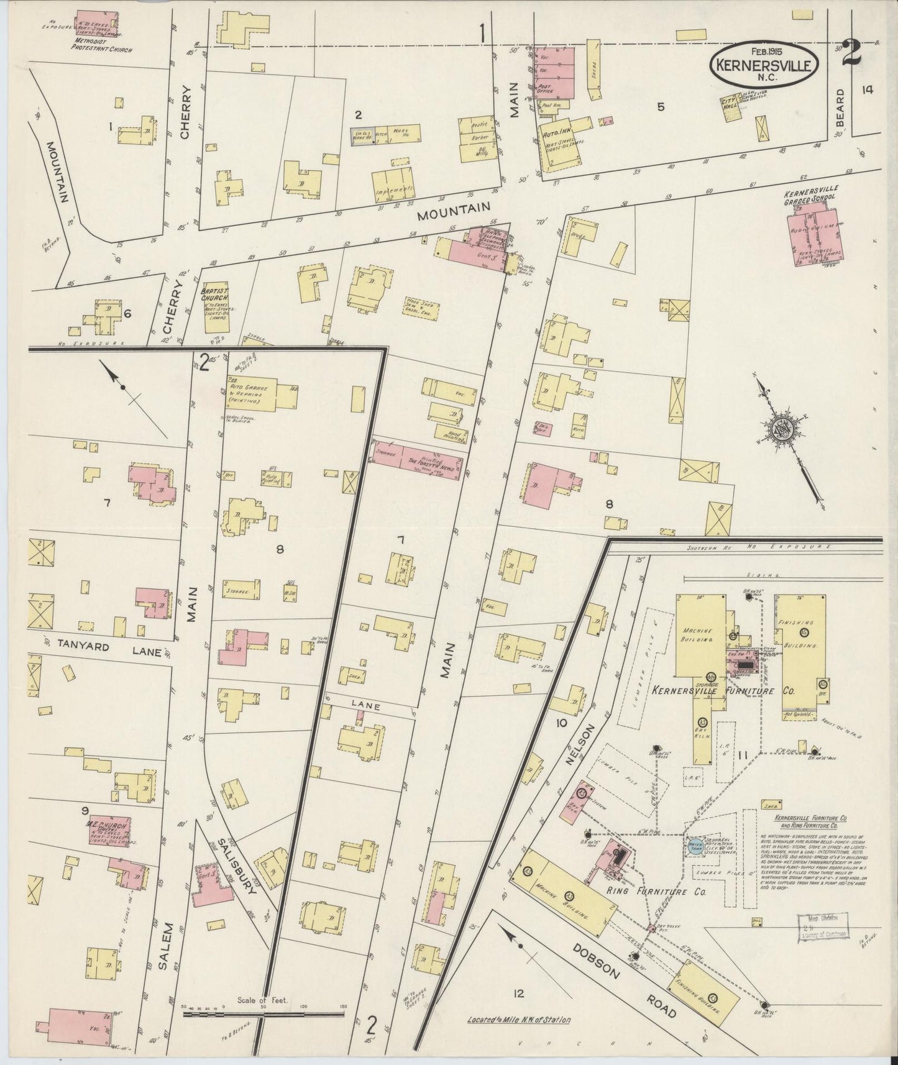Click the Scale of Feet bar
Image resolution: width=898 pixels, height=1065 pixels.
(263, 1013)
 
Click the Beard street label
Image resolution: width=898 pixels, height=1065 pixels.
(841, 109)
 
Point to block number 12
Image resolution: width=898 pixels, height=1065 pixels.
(519, 994)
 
